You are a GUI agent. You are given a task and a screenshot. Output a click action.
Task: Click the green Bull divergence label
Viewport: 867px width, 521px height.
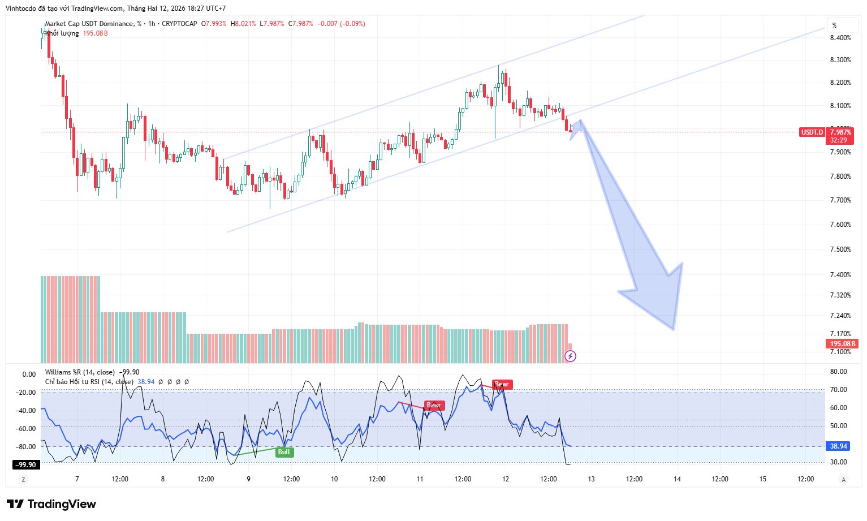(284, 452)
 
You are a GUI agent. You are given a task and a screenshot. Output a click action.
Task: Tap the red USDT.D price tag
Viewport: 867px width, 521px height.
(812, 132)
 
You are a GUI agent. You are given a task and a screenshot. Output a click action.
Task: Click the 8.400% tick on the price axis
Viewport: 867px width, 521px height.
(840, 38)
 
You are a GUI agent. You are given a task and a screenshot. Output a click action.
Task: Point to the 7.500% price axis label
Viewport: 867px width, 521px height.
(840, 249)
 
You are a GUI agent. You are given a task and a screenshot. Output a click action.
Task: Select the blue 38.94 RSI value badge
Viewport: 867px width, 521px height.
(838, 446)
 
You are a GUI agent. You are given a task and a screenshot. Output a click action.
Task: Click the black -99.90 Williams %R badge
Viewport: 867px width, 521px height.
(25, 465)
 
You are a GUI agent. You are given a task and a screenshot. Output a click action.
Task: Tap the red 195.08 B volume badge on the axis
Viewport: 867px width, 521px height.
(842, 344)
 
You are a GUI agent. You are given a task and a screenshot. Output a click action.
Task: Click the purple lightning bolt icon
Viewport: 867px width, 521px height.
(571, 356)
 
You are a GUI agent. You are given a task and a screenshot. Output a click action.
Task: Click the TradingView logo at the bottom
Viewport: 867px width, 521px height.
(51, 504)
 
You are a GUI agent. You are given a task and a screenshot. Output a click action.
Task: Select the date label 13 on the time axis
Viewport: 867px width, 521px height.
(592, 479)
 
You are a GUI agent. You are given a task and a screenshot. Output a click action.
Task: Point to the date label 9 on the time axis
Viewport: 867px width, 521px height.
(248, 479)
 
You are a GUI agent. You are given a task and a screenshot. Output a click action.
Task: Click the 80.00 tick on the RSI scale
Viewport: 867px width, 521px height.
(838, 372)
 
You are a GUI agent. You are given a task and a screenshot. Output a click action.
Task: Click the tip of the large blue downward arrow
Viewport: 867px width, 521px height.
(674, 329)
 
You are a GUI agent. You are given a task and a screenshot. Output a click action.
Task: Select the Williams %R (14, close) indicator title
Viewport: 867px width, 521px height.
(80, 372)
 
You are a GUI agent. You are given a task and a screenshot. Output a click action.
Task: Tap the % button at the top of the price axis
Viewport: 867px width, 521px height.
(834, 25)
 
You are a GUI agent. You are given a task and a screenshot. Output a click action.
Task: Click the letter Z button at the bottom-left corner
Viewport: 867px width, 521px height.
(23, 480)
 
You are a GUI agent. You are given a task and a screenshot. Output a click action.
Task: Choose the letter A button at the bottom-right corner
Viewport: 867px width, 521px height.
(843, 480)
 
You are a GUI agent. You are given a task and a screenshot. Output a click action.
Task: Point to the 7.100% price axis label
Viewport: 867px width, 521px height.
(840, 352)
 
